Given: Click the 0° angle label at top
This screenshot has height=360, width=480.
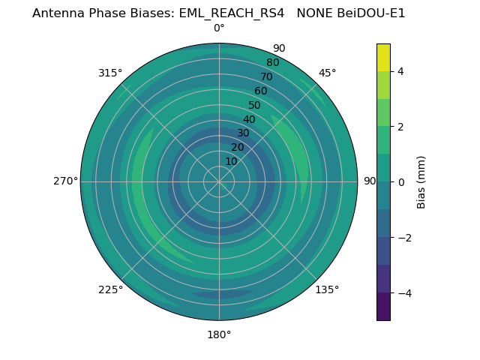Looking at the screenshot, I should (219, 28).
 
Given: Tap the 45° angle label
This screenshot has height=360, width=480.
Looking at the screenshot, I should (327, 73).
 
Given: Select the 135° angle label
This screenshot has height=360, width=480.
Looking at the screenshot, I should (327, 289).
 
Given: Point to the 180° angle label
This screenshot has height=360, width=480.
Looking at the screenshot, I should (219, 334).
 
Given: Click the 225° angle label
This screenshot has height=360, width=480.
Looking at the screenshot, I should (110, 289).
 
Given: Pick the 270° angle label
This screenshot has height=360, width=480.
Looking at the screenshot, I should (65, 181).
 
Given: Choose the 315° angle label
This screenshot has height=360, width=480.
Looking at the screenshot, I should (110, 73).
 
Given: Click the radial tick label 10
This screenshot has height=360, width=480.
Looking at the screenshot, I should (232, 161).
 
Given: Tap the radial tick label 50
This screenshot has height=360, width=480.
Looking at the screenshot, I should (255, 106).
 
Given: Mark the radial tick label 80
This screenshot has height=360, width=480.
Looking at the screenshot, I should (273, 63).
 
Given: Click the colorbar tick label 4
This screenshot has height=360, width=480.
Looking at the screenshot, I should (401, 71).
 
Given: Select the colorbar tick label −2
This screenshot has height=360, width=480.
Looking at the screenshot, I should (403, 238).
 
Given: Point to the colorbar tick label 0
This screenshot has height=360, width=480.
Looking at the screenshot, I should (401, 182).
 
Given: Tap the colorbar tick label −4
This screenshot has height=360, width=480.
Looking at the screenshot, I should (403, 293).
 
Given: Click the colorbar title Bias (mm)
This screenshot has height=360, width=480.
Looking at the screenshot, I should (421, 182).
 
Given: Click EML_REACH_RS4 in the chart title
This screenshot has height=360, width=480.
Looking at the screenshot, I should (232, 13).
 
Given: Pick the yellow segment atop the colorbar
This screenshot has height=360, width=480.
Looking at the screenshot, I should (383, 58).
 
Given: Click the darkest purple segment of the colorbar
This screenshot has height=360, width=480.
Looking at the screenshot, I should (383, 307).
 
